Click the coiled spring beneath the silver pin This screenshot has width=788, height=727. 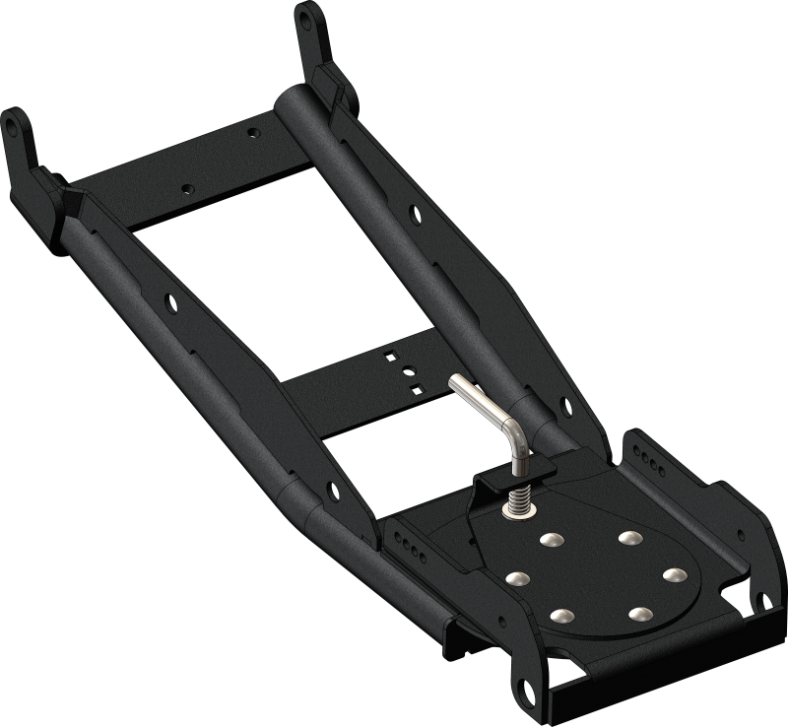point(518,497)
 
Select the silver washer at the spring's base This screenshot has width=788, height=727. point(519,510)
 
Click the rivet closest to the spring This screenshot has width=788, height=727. point(548,540)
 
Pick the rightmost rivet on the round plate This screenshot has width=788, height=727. point(674,573)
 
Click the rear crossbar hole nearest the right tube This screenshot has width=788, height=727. point(254,131)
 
